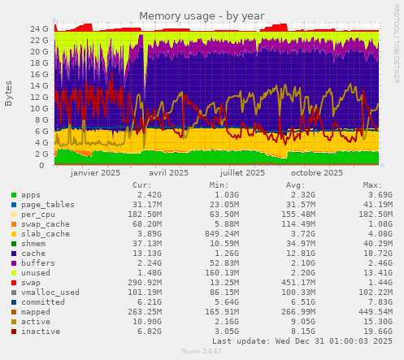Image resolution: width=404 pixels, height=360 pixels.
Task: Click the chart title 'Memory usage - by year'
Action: point(201,15)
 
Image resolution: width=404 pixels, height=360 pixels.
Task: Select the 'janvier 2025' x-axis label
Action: point(96,173)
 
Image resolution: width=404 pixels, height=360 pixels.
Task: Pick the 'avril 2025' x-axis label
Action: point(170,173)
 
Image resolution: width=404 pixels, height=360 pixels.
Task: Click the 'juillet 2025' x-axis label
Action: point(243,173)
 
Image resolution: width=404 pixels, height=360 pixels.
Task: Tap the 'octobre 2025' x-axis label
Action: point(317,173)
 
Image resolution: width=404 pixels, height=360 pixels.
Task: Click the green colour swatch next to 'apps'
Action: point(14,195)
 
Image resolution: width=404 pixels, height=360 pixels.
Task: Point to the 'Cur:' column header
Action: point(141,184)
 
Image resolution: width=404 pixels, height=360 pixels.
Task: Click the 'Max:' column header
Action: point(372,184)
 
